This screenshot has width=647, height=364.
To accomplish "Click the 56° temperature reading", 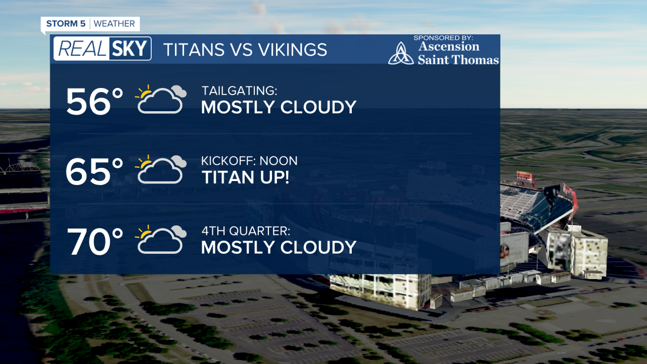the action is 95,102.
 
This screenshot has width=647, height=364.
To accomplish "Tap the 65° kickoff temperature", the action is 95,171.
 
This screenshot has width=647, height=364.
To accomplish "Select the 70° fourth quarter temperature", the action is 95,242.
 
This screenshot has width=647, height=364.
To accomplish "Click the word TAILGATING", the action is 239,90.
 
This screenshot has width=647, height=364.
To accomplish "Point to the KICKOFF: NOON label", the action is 249,161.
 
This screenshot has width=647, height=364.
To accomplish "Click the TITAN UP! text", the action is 245,177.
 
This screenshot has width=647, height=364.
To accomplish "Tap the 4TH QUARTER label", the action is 246,231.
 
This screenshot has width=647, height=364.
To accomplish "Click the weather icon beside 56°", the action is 161,99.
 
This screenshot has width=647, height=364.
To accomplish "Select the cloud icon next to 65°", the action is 161,169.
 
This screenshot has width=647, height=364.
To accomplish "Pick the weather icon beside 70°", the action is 161,240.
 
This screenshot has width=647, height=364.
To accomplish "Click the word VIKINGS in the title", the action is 293,50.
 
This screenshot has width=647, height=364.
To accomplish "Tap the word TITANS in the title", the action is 194,50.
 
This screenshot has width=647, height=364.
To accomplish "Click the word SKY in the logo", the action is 130,49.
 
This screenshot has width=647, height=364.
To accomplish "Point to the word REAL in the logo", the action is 82,49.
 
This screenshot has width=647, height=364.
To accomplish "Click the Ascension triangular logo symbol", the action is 401,53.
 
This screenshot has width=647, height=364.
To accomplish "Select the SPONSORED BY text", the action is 443,38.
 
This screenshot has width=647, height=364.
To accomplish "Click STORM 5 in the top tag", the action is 66,24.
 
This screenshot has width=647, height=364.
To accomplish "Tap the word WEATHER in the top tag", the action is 114,24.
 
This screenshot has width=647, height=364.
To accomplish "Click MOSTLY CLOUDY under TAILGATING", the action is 279,107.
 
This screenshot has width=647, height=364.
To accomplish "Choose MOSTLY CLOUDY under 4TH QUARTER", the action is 279,247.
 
